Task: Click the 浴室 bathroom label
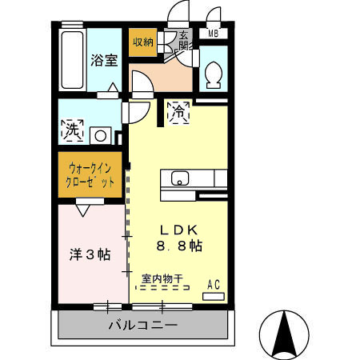pos(104,60)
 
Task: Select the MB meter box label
pos(214,34)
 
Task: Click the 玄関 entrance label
pos(184,40)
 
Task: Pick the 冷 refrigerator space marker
pos(178,114)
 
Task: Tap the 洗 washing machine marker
pos(73,128)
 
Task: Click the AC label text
pos(214,283)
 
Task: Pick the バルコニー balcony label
pos(142,326)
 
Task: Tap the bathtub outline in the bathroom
pos(70,61)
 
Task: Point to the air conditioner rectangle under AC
pos(214,296)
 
